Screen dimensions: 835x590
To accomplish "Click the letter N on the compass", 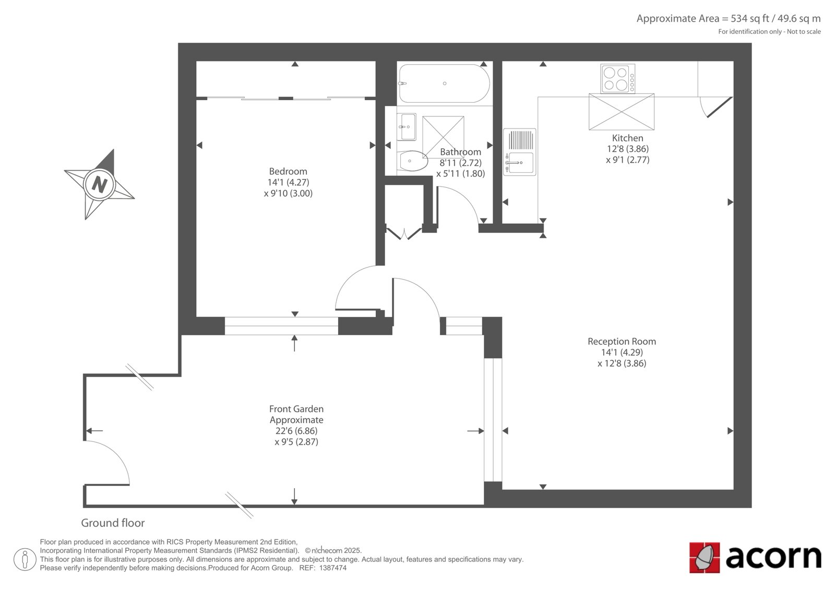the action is coord(99,184).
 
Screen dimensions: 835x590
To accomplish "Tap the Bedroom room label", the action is coord(288,172).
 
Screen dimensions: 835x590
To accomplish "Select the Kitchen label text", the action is coord(628,138).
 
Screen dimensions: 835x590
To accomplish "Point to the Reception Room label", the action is coord(622,341).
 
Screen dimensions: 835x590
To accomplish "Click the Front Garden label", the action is coord(296,409).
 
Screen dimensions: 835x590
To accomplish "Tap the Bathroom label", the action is coord(460,152).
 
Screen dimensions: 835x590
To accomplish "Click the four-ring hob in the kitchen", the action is coord(618,78).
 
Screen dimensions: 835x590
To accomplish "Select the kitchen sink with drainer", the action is coord(520,152).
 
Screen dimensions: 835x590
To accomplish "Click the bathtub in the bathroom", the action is coord(444,83).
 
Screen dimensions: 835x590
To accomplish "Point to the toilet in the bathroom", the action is coord(412,161).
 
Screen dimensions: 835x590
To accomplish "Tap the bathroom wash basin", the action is coord(407,127).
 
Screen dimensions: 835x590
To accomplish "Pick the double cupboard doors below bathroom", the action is coord(404,233).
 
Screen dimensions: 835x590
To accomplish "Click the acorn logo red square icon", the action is coord(704,558).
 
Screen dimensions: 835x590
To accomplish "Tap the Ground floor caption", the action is coord(113,523).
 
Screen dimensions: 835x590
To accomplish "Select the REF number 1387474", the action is coord(333,568).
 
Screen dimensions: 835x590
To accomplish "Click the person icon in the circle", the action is coord(25,559).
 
